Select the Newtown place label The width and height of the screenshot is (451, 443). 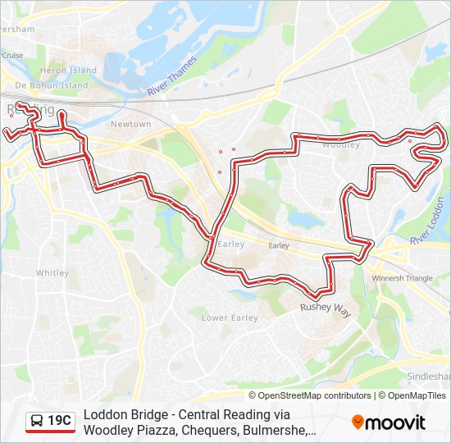tap(131, 124)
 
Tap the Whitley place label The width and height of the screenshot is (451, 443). tap(52, 273)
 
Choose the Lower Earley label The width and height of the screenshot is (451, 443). tap(230, 317)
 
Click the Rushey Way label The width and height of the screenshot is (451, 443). tap(325, 308)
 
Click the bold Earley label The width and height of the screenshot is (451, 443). tap(231, 244)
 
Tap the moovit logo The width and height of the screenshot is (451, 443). tap(389, 422)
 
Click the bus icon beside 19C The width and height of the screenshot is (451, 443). tap(37, 422)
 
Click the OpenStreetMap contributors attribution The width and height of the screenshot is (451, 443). tap(316, 395)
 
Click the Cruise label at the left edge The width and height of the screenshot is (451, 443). tap(12, 55)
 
